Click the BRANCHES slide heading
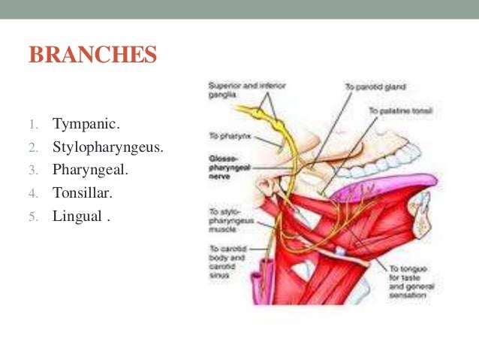point(92,56)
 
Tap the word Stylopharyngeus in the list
point(107,146)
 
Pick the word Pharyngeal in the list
point(90,170)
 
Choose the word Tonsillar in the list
point(82,193)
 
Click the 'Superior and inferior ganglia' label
point(240,90)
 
